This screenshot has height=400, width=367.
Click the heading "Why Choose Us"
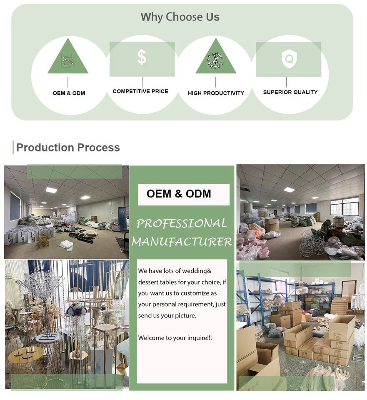coord(180,17)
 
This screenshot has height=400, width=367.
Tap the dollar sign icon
coord(142,57)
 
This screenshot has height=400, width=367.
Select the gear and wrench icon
coord(215,60)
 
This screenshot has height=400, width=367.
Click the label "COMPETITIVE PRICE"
coord(140,91)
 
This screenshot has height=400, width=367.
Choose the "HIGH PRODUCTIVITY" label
coord(216,93)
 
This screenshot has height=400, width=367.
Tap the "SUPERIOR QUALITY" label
coord(290,92)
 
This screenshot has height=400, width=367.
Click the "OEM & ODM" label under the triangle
coord(69,93)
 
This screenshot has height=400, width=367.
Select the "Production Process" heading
coord(68,147)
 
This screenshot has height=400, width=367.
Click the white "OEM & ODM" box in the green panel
coord(183,194)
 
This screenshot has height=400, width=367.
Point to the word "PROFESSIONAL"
coord(182,223)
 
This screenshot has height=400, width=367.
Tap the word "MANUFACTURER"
coord(182,241)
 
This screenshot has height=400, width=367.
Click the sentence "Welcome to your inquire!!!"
coord(175,337)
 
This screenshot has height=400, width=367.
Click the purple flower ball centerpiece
coord(76,310)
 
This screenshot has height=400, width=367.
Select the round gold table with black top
coord(26,355)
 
